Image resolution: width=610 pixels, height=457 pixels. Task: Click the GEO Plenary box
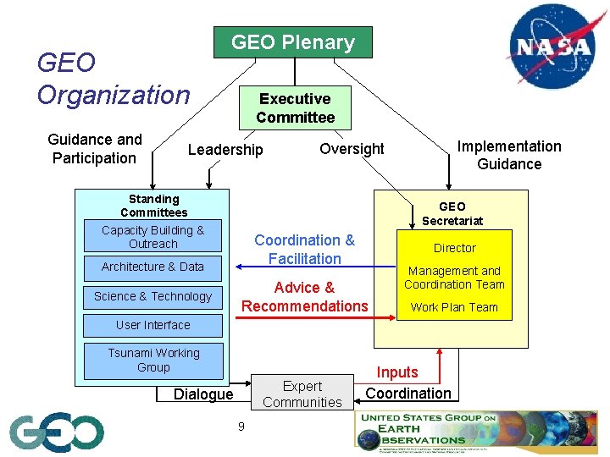tap(292, 42)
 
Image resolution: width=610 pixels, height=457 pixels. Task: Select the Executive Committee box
tap(295, 108)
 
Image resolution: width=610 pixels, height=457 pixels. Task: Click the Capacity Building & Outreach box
tap(153, 237)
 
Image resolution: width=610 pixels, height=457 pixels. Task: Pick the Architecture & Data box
tap(153, 267)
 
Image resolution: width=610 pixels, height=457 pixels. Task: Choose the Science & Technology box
tap(153, 296)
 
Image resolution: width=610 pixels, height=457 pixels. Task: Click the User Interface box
tap(153, 325)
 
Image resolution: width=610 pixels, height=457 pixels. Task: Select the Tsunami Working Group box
tap(154, 361)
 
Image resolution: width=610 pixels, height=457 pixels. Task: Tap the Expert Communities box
tap(302, 394)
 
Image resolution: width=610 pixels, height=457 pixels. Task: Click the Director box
tap(455, 248)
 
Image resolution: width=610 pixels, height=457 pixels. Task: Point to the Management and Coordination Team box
tap(455, 278)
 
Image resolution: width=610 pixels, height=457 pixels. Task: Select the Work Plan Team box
tap(455, 307)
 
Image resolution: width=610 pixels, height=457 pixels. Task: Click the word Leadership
tap(225, 150)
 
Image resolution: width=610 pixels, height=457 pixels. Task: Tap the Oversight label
tap(352, 149)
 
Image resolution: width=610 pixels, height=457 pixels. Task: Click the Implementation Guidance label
tap(509, 155)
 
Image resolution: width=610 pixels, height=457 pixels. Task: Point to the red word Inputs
tap(397, 372)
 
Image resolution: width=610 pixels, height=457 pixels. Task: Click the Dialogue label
tap(203, 394)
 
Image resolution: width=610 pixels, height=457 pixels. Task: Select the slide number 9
tap(241, 427)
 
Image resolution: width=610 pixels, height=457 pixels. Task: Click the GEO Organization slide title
tap(114, 79)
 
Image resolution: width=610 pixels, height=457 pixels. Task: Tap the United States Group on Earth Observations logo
tap(474, 431)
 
